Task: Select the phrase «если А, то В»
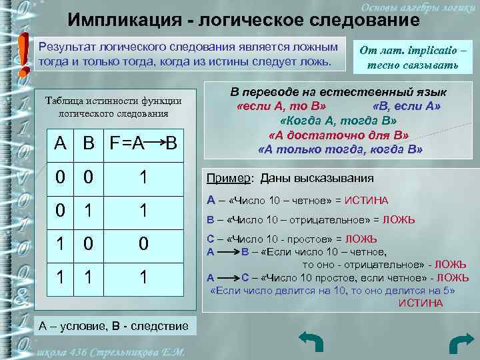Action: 281,106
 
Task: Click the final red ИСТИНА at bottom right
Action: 420,303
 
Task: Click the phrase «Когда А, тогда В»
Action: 339,121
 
